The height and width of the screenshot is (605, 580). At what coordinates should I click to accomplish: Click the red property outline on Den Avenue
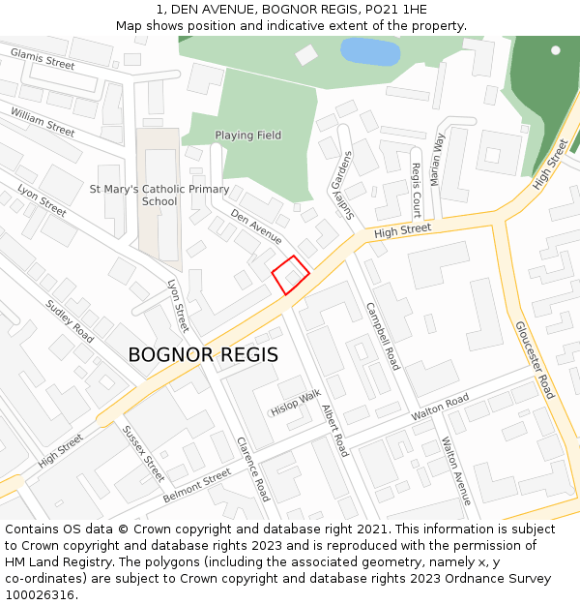pos(290,275)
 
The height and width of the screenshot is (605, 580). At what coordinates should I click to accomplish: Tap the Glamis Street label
pos(43,58)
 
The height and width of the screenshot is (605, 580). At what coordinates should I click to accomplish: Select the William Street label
pos(43,122)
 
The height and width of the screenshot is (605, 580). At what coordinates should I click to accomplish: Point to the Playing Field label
pos(248,136)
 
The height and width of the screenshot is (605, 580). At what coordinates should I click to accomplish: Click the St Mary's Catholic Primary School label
pos(159,196)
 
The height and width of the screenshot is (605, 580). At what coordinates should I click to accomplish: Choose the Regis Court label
pos(417,190)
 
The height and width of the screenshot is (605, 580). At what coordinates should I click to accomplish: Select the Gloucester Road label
pos(535,360)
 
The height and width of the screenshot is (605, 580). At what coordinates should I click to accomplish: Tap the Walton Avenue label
pos(455,470)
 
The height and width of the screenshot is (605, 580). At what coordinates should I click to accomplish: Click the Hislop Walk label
pos(296,403)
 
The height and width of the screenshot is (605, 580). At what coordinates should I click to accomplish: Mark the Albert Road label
pos(333,430)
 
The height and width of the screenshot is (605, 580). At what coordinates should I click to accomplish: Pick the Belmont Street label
pos(197,484)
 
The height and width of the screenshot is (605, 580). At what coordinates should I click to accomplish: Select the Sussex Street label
pos(143,453)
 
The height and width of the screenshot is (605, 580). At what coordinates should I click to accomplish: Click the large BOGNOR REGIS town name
pos(203,355)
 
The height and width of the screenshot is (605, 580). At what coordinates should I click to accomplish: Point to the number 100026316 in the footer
pos(39,594)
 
